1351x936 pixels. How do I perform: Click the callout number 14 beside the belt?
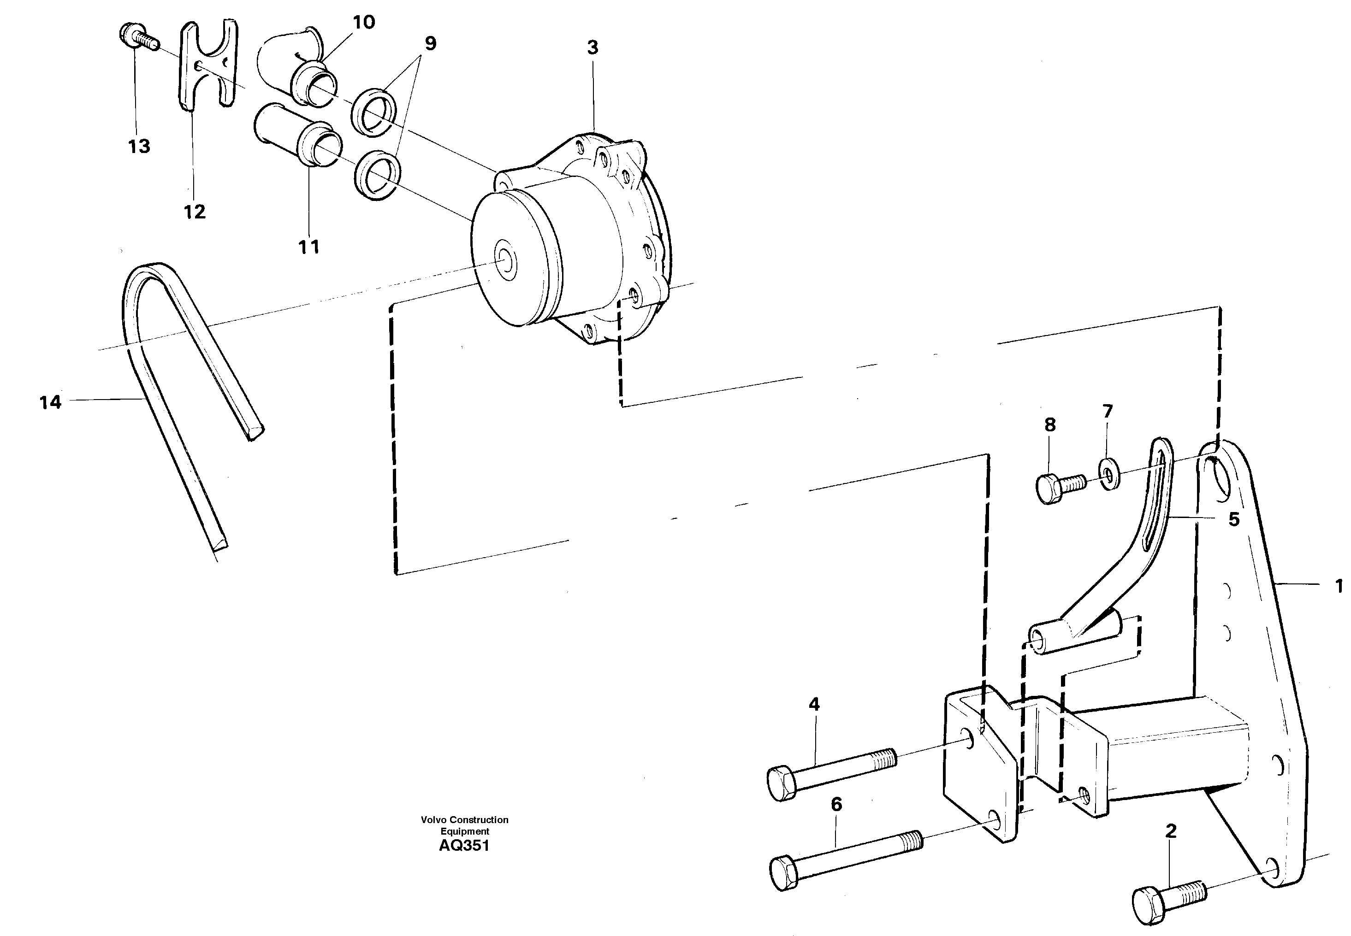pyautogui.click(x=50, y=402)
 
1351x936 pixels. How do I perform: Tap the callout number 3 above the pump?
pyautogui.click(x=593, y=47)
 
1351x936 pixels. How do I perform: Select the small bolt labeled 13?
pyautogui.click(x=136, y=37)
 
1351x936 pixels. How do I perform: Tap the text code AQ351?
pyautogui.click(x=463, y=845)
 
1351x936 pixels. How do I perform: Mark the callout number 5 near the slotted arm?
pyautogui.click(x=1234, y=519)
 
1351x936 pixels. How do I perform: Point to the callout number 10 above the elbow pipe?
pyautogui.click(x=363, y=22)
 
